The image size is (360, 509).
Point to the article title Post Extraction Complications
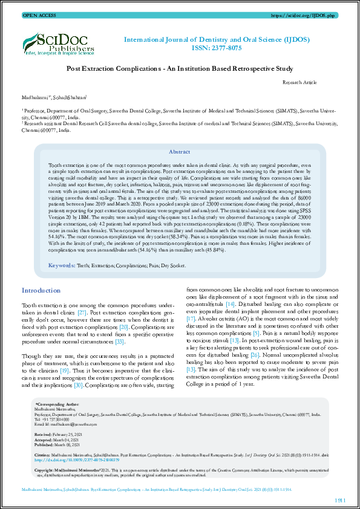point(179,70)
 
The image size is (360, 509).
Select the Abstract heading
point(179,135)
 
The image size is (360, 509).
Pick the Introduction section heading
point(41,290)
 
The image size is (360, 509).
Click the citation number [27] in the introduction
point(82,314)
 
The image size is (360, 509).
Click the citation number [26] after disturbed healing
point(255,354)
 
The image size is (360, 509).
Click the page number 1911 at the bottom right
point(341,501)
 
